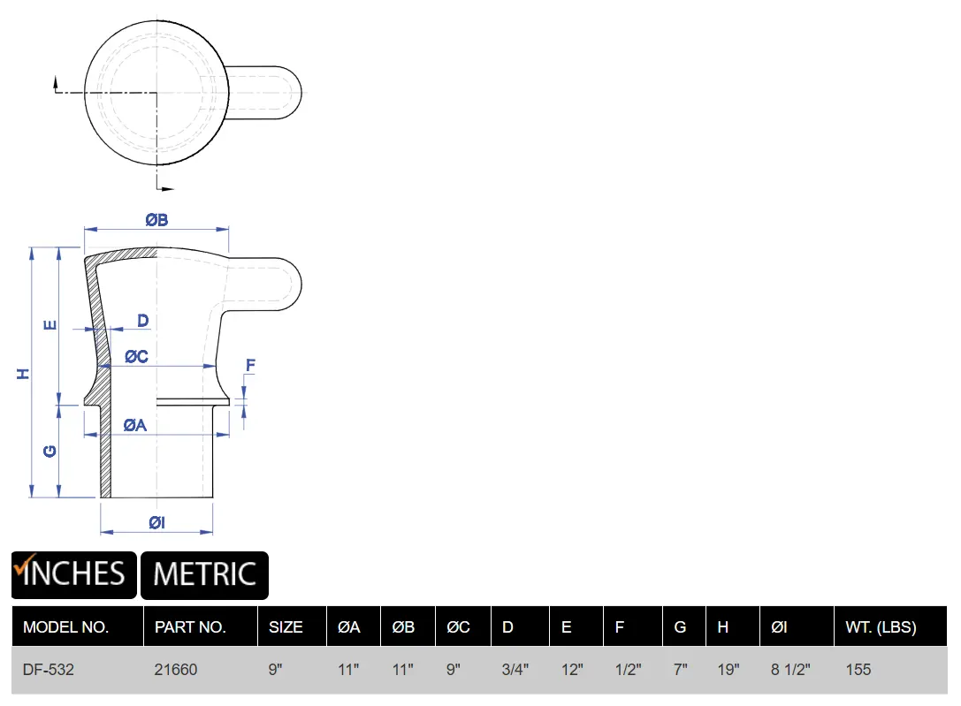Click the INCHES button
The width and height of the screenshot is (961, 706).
click(73, 575)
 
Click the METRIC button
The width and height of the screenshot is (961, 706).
click(205, 575)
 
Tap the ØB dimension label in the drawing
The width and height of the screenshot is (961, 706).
click(156, 220)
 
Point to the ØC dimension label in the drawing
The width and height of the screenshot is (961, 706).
click(137, 356)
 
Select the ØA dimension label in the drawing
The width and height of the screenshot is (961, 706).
click(135, 425)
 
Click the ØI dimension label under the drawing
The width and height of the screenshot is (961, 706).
click(156, 522)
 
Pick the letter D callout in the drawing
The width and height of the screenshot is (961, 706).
click(143, 320)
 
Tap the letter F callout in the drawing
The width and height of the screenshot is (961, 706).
click(250, 366)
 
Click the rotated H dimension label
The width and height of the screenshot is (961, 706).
click(23, 374)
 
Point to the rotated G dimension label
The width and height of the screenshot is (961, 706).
click(50, 452)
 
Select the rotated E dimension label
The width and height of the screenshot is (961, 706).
click(50, 325)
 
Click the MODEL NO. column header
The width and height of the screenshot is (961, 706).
click(65, 627)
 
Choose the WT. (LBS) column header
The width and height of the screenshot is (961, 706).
click(881, 627)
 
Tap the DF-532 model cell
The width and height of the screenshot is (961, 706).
click(49, 669)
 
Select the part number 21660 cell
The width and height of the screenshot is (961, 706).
click(176, 669)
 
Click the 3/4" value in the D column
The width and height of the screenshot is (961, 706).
click(515, 669)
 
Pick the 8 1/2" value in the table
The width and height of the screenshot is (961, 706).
click(790, 669)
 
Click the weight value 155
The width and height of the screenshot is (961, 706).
click(858, 669)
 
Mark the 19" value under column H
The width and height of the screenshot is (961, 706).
click(728, 669)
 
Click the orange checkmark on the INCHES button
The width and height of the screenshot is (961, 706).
click(25, 566)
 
